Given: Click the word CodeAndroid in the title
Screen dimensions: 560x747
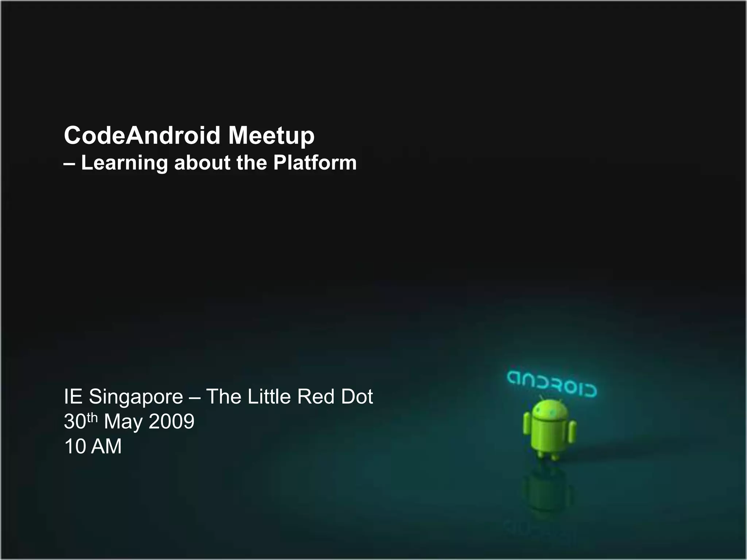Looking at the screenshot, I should (142, 135).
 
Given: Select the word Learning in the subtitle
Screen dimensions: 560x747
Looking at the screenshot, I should (124, 163).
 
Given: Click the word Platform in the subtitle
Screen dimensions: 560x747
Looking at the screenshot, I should (315, 163).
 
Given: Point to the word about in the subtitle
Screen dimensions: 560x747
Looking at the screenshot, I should (202, 163).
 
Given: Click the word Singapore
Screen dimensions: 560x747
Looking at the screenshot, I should (136, 397).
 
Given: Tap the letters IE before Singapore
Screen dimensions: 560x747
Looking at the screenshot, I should (72, 397).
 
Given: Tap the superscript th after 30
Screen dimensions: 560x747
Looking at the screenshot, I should (92, 417).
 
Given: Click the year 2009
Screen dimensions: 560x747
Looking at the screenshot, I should (171, 421).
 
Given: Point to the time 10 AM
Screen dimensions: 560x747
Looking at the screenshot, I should (93, 446).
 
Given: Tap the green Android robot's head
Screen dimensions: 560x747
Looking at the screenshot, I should (550, 411).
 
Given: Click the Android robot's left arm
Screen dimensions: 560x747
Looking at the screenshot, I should (527, 424).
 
